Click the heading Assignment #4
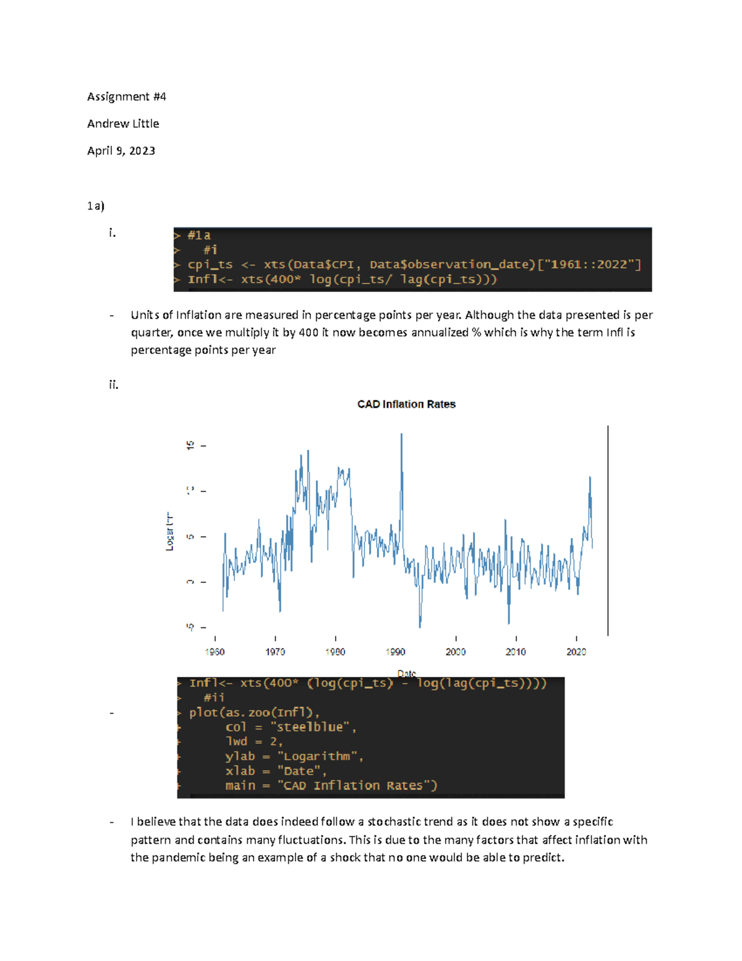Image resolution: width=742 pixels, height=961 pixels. (x=126, y=97)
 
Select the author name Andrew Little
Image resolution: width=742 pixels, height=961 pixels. (x=123, y=124)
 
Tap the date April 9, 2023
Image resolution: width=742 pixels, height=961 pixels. (x=121, y=151)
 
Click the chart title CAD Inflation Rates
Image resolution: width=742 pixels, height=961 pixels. (x=406, y=404)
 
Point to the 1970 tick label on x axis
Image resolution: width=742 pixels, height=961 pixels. (x=275, y=652)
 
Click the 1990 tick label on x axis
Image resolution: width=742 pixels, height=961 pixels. (x=395, y=652)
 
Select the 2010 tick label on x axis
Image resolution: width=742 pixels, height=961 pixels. (x=516, y=652)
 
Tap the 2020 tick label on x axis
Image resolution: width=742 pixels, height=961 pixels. (x=576, y=652)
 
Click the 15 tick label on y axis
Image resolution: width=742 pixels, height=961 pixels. (x=190, y=445)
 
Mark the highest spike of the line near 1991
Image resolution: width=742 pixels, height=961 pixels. (x=401, y=436)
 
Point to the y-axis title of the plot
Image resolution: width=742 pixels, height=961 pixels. (x=169, y=532)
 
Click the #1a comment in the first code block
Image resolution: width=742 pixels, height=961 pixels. (x=199, y=235)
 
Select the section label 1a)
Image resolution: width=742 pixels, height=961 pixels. (x=96, y=206)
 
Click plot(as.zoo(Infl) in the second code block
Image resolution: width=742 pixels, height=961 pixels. (x=254, y=712)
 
